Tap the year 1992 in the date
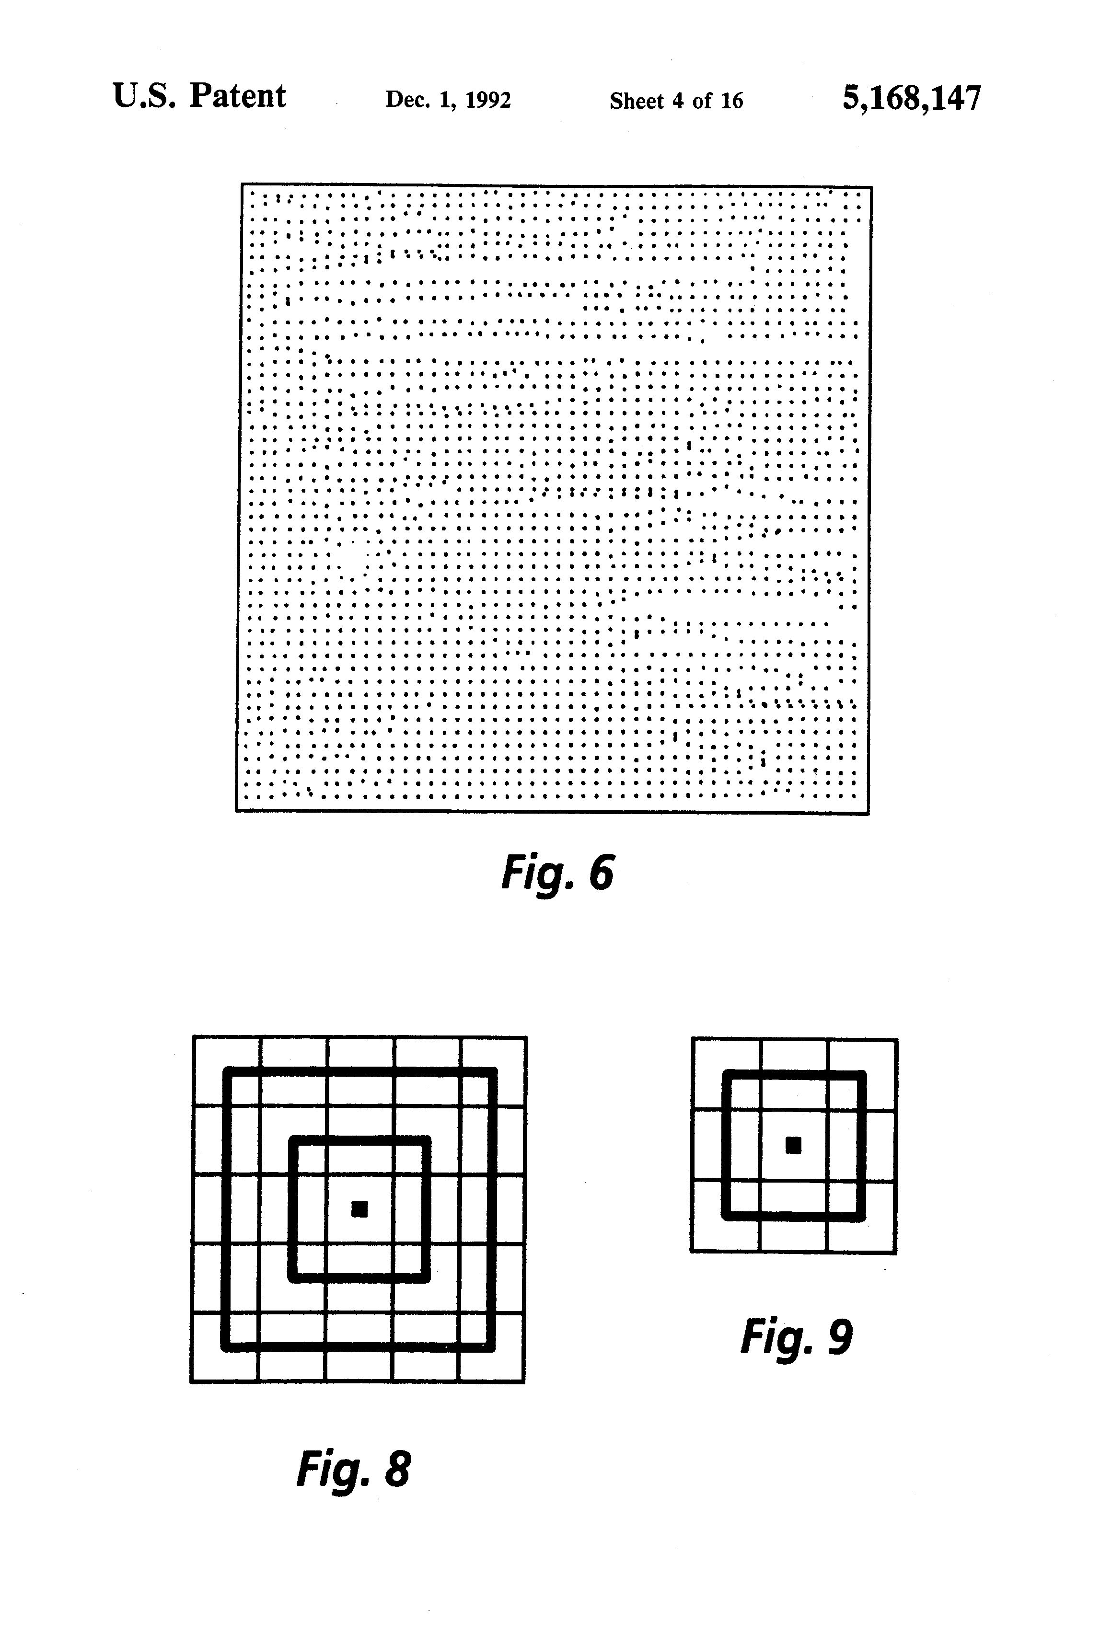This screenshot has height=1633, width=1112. point(488,101)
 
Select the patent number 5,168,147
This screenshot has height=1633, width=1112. point(911,98)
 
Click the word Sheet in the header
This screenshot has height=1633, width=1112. point(636,101)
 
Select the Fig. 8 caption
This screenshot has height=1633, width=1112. point(354,1469)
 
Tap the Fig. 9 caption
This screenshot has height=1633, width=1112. point(797,1336)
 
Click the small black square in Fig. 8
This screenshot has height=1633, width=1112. point(359,1208)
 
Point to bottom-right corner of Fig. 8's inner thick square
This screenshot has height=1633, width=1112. point(426,1277)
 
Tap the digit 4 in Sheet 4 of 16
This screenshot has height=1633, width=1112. point(678,101)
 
